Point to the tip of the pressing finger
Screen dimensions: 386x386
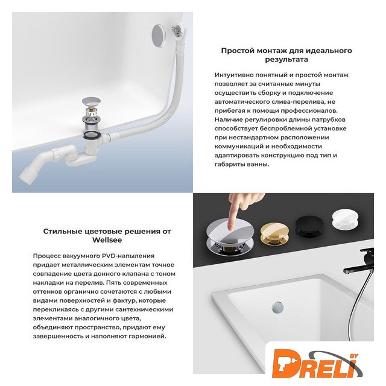pyautogui.click(x=230, y=228)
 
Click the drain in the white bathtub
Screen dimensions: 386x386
pyautogui.click(x=277, y=307)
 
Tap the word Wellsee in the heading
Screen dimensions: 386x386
pyautogui.click(x=107, y=240)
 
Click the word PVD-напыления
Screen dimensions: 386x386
pyautogui.click(x=128, y=256)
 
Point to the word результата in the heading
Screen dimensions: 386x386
pyautogui.click(x=286, y=60)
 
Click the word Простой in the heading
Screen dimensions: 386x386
pyautogui.click(x=238, y=51)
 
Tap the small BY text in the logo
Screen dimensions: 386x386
pyautogui.click(x=354, y=356)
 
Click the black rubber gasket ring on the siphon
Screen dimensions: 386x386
pyautogui.click(x=91, y=134)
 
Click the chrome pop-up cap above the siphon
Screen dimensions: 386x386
pyautogui.click(x=91, y=101)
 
